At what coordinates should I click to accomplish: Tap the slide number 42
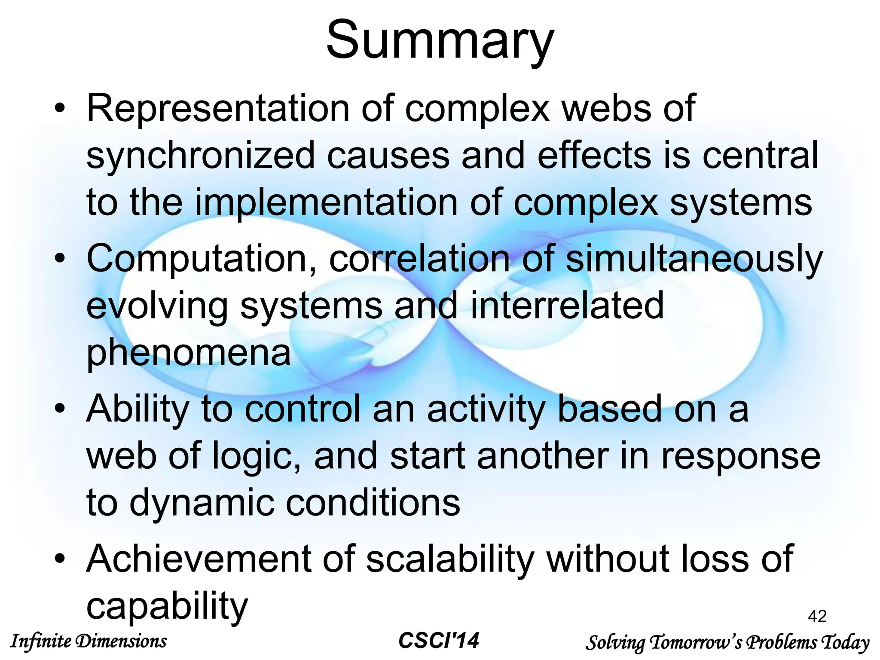pos(817,616)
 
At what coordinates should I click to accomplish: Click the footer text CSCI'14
pos(439,641)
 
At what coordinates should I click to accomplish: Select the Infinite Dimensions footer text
pos(88,641)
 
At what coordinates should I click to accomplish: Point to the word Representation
pos(218,109)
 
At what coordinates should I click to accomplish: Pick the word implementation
pos(327,203)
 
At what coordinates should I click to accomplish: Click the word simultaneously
pos(694,260)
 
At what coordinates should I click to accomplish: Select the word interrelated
pos(567,306)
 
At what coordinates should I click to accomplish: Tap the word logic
pos(257,456)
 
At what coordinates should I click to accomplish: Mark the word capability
pos(167,606)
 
